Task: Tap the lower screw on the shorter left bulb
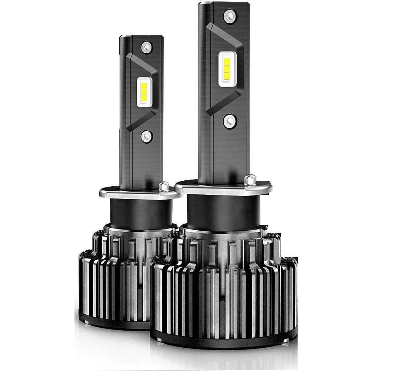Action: coord(147,137)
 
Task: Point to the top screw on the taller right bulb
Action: coord(230,16)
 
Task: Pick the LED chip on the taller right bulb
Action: coord(227,68)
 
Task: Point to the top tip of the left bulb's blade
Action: coord(141,36)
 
